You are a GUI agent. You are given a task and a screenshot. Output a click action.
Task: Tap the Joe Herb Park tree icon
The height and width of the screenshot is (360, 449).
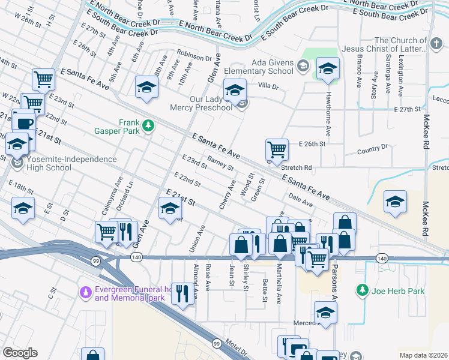tap(363, 291)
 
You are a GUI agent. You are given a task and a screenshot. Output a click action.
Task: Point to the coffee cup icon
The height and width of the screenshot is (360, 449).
tap(25, 124)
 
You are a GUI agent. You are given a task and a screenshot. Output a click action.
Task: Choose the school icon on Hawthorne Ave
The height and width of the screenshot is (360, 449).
tap(328, 68)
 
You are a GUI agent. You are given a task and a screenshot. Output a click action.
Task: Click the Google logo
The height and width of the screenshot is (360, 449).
tap(20, 353)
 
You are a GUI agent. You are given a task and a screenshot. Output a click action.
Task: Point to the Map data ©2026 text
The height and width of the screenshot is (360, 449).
tap(423, 355)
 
